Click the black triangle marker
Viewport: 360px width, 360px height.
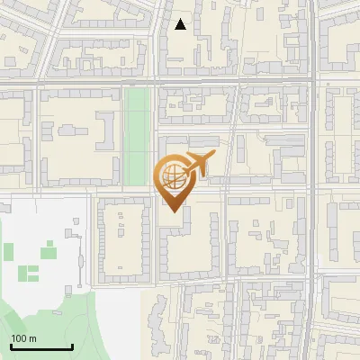coord(181,24)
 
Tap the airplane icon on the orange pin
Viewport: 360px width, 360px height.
coord(196,164)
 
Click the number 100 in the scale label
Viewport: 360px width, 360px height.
coord(19,338)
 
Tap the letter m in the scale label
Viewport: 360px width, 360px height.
coord(32,338)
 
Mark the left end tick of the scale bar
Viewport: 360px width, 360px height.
coord(11,346)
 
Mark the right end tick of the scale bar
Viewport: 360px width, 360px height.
coord(72,346)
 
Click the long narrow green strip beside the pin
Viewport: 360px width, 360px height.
coord(137,135)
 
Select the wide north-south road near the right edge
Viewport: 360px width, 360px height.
coord(311,180)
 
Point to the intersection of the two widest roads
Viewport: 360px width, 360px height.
coord(311,82)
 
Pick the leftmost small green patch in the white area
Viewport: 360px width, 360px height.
coord(9,250)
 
